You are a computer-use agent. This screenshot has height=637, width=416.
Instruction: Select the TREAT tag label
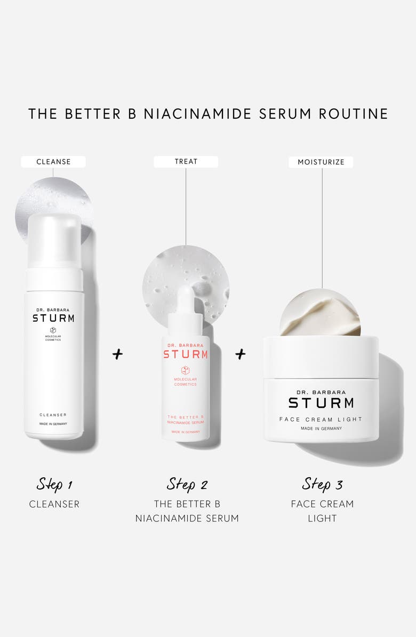click(x=186, y=161)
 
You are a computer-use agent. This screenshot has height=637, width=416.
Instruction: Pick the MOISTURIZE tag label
click(x=322, y=161)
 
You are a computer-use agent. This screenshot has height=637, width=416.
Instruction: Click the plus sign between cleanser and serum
click(x=117, y=354)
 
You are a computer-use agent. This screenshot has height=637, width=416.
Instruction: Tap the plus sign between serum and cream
click(x=241, y=352)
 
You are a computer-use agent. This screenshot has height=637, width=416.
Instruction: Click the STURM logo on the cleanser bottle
click(x=53, y=318)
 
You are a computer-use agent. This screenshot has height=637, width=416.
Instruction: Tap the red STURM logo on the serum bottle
click(x=185, y=355)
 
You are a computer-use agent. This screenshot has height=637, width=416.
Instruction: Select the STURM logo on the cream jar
click(x=321, y=402)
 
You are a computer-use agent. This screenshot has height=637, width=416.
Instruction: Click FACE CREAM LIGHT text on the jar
click(x=321, y=419)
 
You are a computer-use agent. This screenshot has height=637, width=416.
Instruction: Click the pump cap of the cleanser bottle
click(x=53, y=240)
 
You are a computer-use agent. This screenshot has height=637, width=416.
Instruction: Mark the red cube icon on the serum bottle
click(x=185, y=371)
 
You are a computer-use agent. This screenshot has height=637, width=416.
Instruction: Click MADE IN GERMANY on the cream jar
click(x=321, y=428)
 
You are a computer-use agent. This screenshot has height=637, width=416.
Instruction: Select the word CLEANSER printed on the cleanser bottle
click(x=53, y=414)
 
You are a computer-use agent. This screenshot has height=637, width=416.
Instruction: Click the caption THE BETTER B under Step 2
click(x=186, y=504)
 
